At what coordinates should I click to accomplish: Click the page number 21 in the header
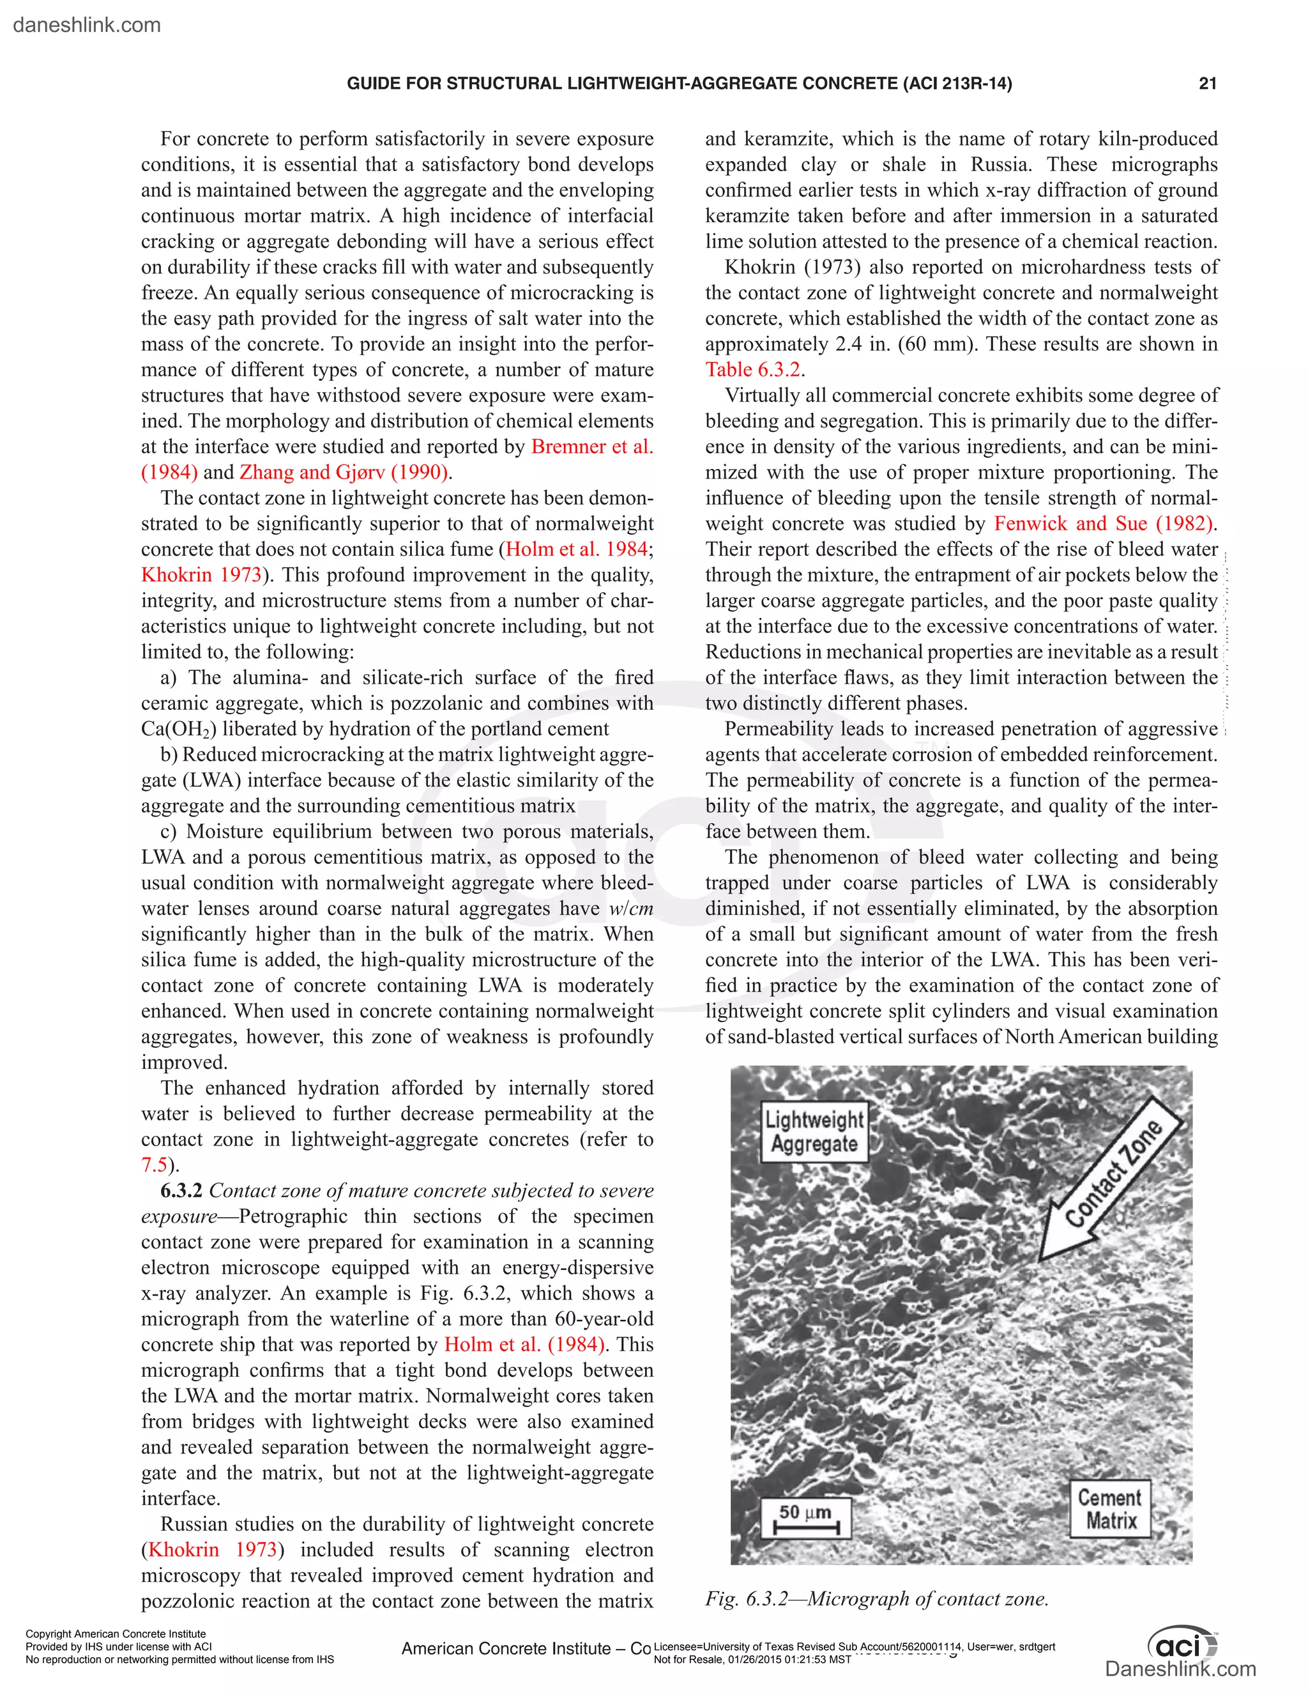tap(1207, 84)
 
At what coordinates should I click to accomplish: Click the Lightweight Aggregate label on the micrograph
tap(814, 1132)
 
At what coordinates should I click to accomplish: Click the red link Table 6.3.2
tap(752, 370)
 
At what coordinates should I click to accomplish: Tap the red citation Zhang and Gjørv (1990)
tap(343, 472)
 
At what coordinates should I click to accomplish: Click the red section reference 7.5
tap(154, 1165)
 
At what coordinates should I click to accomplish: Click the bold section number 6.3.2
tap(181, 1191)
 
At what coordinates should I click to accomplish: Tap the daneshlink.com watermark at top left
tap(87, 25)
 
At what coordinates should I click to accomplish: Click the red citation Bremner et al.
tap(592, 447)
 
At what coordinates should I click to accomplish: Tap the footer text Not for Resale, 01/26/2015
tap(752, 1660)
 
